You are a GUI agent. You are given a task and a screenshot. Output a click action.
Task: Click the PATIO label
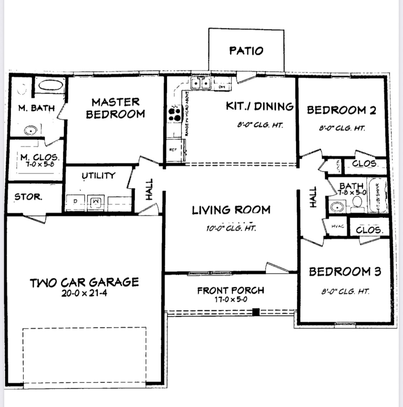[246, 50]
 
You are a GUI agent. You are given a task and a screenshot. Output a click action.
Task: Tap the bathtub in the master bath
[51, 86]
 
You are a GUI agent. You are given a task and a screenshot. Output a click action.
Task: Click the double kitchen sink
[201, 83]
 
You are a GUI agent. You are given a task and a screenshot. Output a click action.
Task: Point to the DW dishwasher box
[221, 86]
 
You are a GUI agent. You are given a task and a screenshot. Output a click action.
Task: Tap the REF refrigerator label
[173, 150]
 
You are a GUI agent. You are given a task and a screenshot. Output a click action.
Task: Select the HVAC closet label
[337, 226]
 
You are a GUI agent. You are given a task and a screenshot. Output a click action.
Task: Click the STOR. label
[28, 197]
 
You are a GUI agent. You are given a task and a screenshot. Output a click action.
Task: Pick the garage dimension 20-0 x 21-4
[84, 293]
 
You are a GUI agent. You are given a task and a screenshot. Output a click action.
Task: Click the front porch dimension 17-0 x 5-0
[230, 300]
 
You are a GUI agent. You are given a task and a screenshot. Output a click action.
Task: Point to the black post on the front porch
[256, 311]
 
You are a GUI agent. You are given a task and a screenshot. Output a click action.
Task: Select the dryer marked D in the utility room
[75, 202]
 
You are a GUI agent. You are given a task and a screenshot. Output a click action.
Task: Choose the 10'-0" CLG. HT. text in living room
[231, 228]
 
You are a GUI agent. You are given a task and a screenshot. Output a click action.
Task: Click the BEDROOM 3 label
[345, 272]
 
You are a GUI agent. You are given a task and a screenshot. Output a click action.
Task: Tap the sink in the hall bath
[337, 207]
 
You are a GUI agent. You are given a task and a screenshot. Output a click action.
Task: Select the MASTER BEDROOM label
[115, 108]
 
